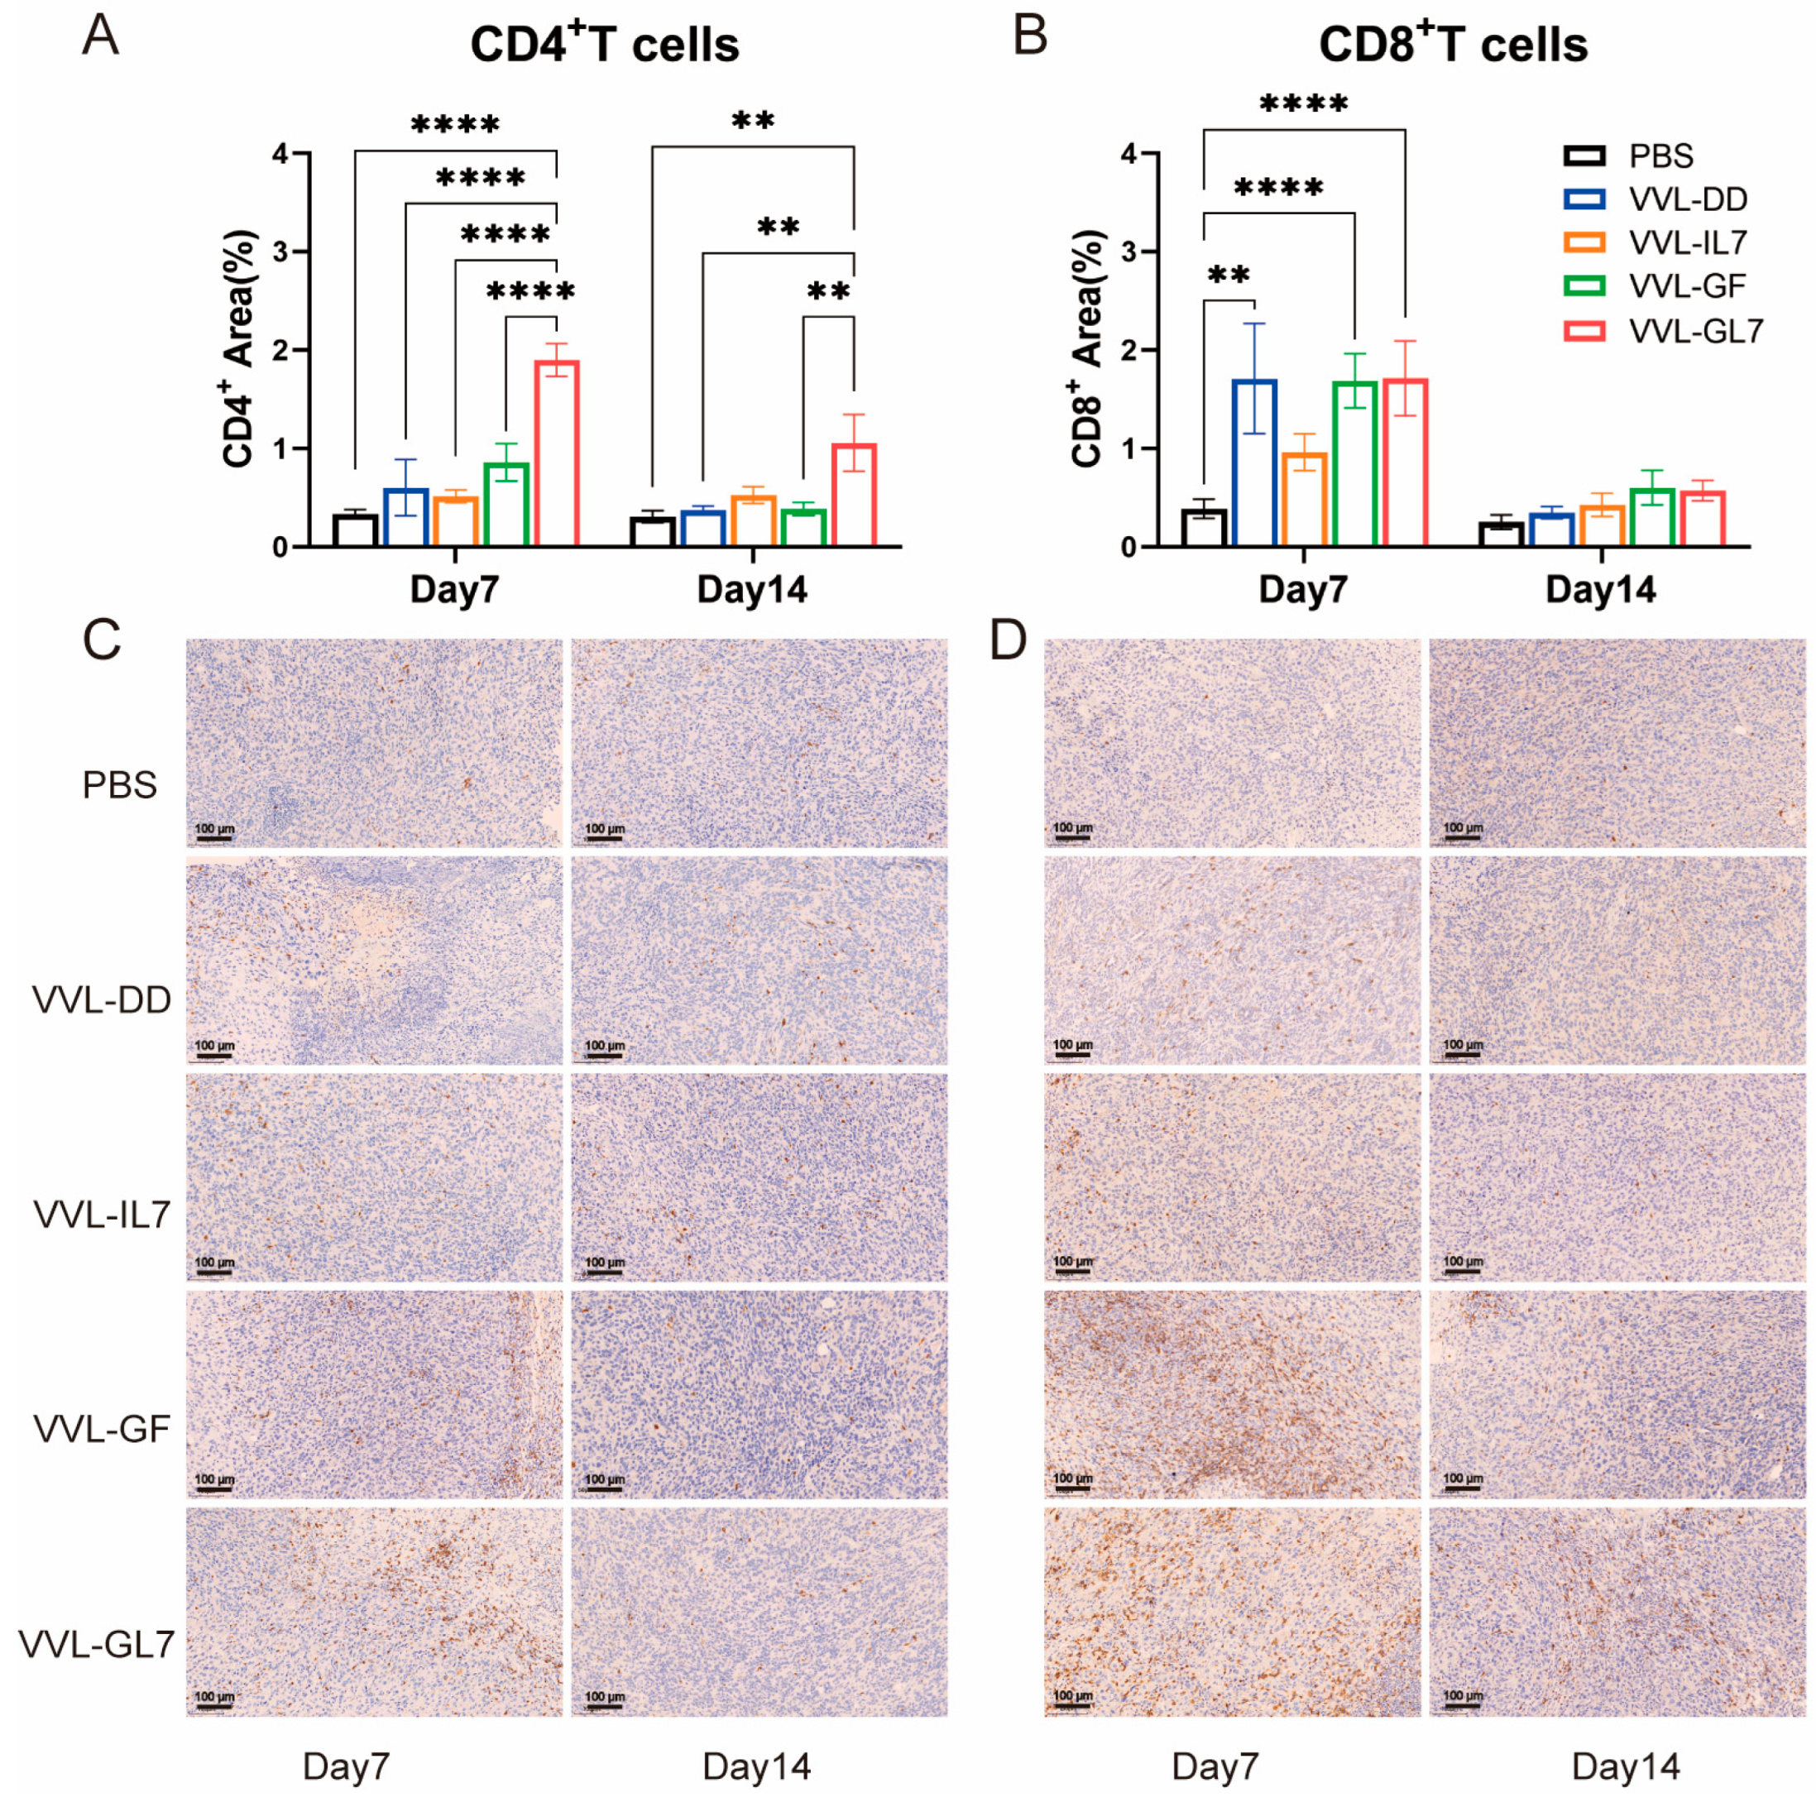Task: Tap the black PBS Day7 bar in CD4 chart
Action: click(355, 530)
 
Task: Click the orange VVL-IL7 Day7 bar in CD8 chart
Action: click(1305, 499)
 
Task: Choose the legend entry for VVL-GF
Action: click(1655, 285)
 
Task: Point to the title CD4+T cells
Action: click(605, 43)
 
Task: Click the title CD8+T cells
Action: click(1453, 43)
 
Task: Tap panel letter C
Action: click(102, 640)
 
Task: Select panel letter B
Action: click(1030, 37)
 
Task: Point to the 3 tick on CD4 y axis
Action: click(280, 252)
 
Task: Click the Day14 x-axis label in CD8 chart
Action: click(1600, 589)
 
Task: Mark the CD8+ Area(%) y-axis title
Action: click(1089, 347)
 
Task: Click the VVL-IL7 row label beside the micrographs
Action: click(102, 1215)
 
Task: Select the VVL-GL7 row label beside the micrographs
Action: click(97, 1644)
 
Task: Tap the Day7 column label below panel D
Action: click(1215, 1766)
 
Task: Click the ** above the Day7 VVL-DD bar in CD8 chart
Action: click(1228, 276)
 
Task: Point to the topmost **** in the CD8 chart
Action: click(1304, 103)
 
